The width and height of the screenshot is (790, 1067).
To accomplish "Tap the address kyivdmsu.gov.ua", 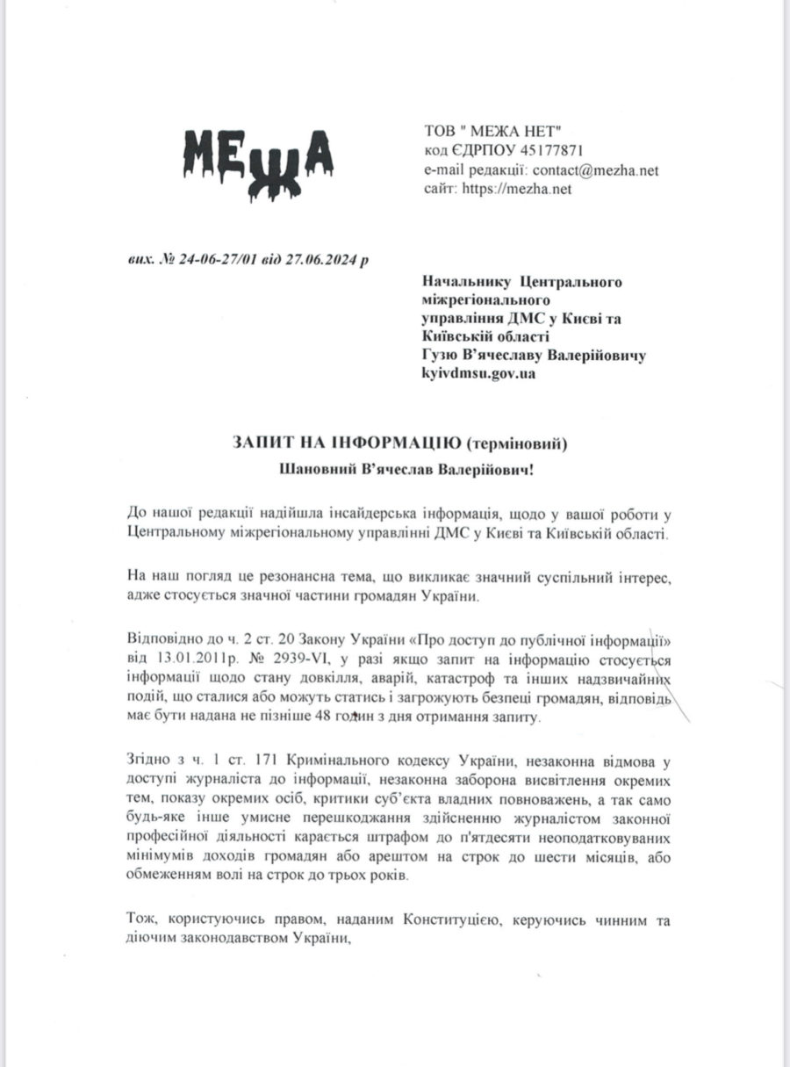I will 480,373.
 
